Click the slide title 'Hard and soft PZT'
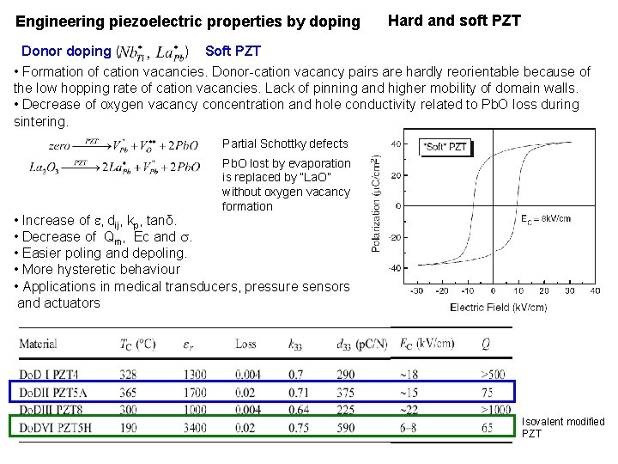454,20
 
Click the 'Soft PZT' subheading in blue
233,52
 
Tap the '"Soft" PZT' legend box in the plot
445,147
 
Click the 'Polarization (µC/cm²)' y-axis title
376,204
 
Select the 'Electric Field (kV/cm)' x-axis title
499,307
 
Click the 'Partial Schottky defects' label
285,143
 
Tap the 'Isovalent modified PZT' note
563,427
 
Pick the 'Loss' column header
245,345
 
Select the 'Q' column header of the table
486,345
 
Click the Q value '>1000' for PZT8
497,409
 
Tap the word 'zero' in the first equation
60,146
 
